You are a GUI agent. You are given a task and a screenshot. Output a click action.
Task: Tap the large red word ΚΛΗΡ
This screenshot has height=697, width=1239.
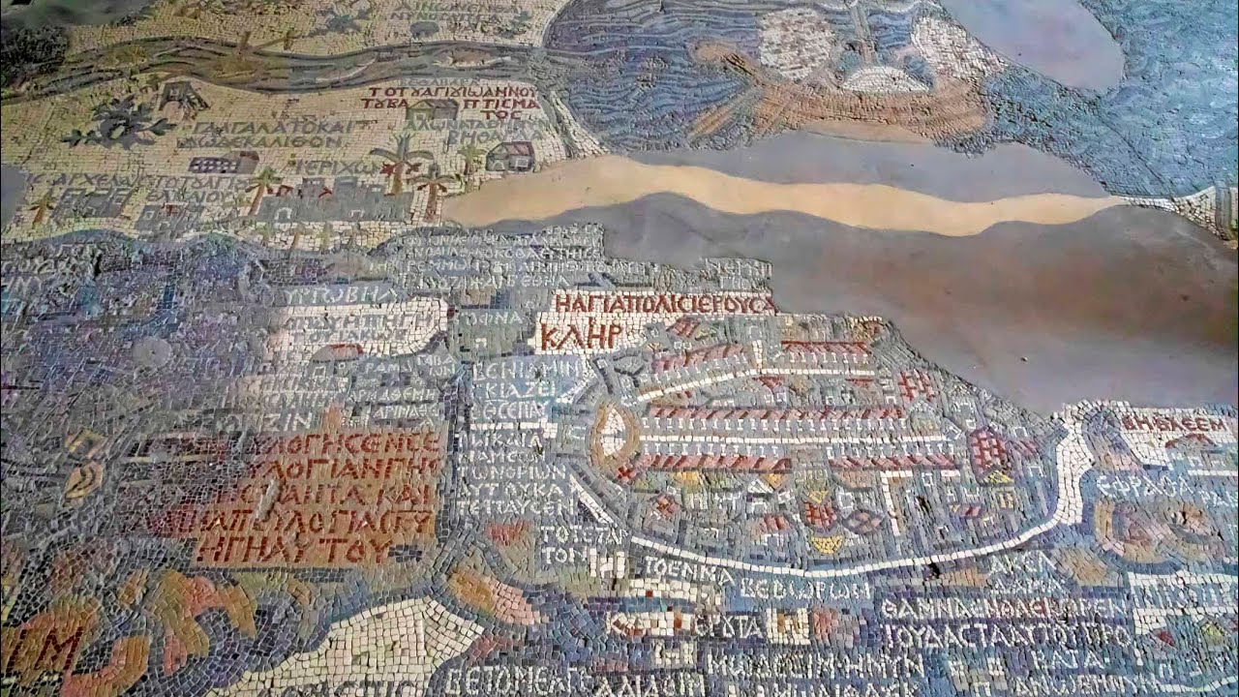click(x=579, y=336)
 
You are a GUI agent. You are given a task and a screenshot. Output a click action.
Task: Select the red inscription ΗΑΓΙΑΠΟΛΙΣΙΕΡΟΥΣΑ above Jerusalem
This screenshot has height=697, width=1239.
click(x=664, y=304)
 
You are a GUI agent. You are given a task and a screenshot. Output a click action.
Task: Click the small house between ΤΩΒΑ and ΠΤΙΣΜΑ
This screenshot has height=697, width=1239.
click(x=432, y=107)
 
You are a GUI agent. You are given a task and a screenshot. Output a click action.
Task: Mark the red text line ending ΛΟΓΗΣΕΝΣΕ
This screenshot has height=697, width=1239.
click(x=344, y=443)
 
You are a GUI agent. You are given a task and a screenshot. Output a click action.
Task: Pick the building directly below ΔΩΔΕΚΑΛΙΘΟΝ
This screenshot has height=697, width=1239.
click(x=225, y=163)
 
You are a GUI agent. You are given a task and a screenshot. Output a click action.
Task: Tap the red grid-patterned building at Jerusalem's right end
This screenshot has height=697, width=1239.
click(x=989, y=451)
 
